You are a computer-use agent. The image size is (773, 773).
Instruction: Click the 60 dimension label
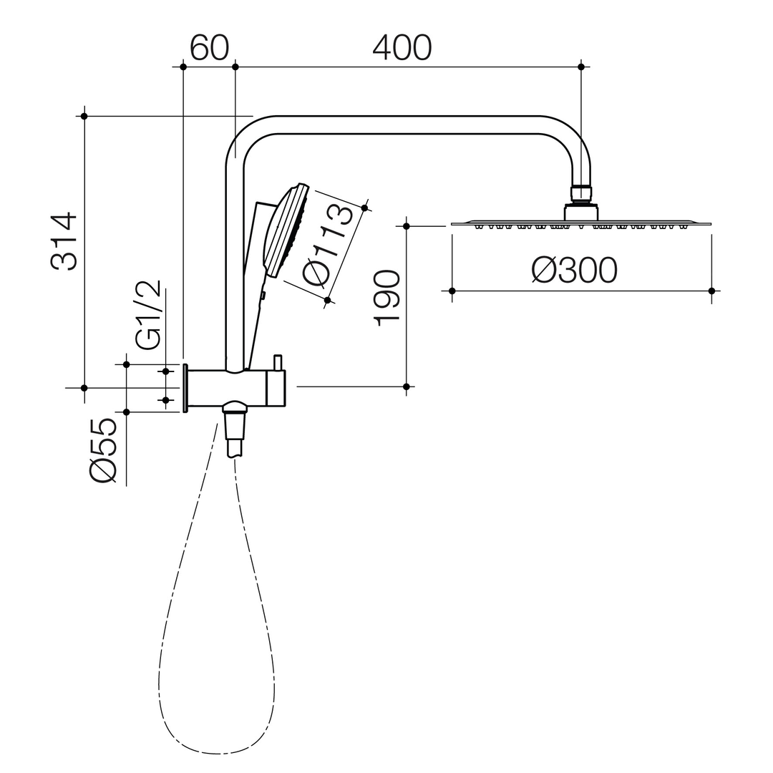click(210, 49)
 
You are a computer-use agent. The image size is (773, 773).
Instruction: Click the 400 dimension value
click(402, 49)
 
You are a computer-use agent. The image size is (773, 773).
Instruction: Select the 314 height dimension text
click(64, 242)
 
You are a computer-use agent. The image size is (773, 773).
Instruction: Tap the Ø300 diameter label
click(574, 270)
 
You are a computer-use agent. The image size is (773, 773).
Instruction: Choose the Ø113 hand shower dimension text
click(329, 245)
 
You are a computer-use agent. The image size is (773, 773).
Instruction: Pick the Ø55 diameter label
click(104, 450)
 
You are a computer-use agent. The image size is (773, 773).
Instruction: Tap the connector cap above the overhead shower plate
click(581, 211)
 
